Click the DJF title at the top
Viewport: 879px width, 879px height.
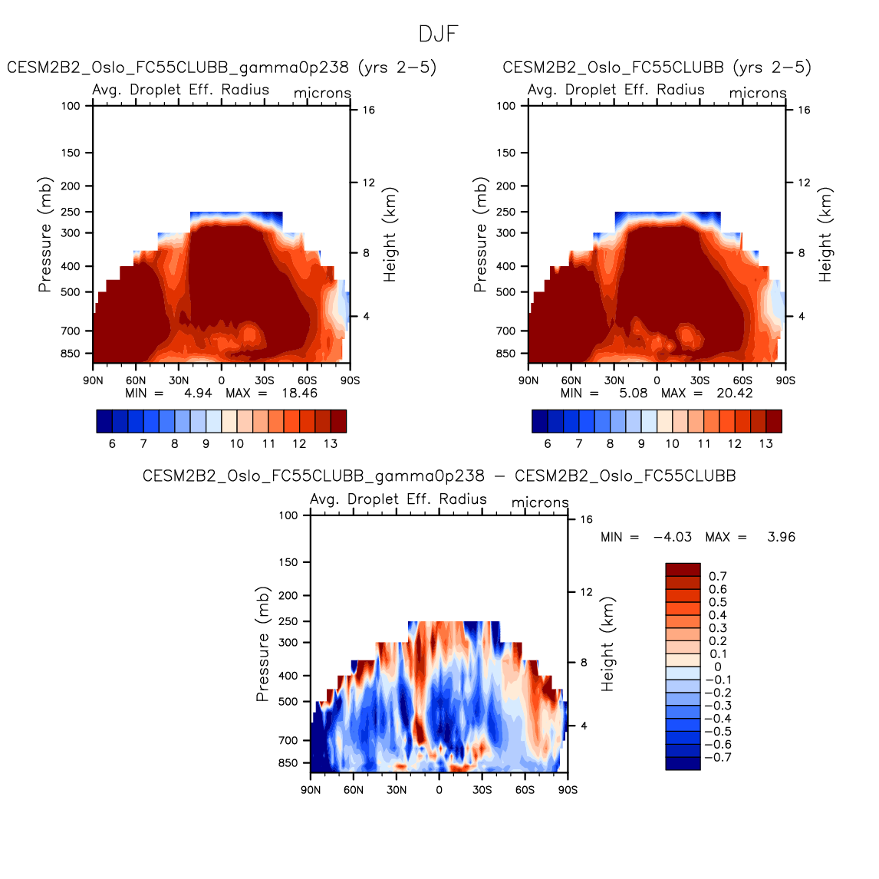[x=439, y=35]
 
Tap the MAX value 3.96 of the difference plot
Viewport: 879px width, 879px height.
[x=781, y=537]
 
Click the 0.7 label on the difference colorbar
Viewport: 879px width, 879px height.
[x=718, y=576]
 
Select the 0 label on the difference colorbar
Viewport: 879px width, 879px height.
[x=718, y=667]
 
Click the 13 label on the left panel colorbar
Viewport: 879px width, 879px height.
[x=331, y=444]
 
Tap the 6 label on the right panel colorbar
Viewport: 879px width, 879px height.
[x=548, y=444]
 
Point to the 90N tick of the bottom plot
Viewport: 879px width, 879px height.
[x=311, y=790]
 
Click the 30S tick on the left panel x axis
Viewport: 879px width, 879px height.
[x=265, y=380]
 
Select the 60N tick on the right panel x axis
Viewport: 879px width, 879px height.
[x=571, y=380]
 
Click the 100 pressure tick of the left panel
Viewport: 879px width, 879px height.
[x=71, y=106]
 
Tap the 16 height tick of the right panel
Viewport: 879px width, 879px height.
[x=804, y=110]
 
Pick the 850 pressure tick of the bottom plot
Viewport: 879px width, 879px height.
[x=288, y=763]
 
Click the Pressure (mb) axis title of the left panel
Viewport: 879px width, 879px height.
[x=45, y=235]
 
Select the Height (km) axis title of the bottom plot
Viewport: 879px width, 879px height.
[x=608, y=644]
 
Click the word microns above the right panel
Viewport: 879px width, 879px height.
[x=758, y=94]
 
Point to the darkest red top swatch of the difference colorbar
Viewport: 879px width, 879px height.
[x=683, y=569]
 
